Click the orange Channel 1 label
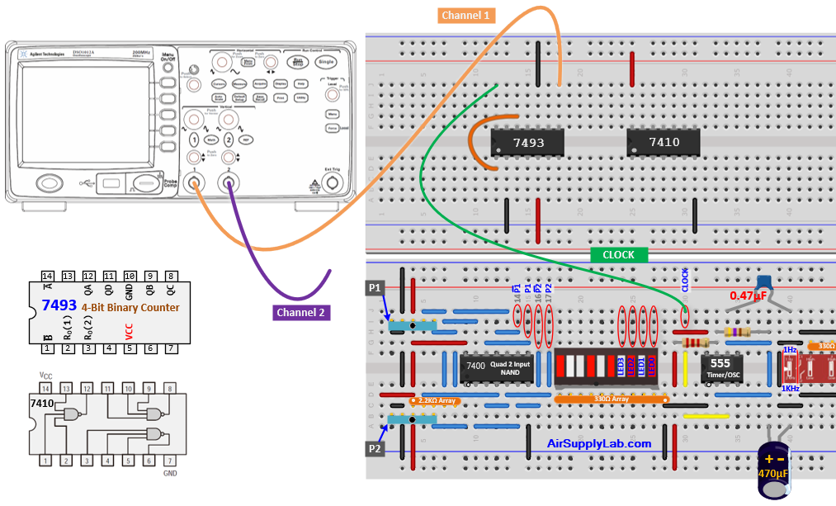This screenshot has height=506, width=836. click(x=465, y=15)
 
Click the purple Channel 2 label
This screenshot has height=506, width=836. click(x=302, y=313)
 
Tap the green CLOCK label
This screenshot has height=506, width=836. click(x=618, y=255)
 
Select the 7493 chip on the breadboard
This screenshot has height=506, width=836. click(x=527, y=142)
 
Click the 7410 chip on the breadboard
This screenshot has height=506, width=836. click(x=664, y=142)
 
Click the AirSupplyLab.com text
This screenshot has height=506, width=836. click(x=599, y=443)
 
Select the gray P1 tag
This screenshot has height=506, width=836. click(x=375, y=288)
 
